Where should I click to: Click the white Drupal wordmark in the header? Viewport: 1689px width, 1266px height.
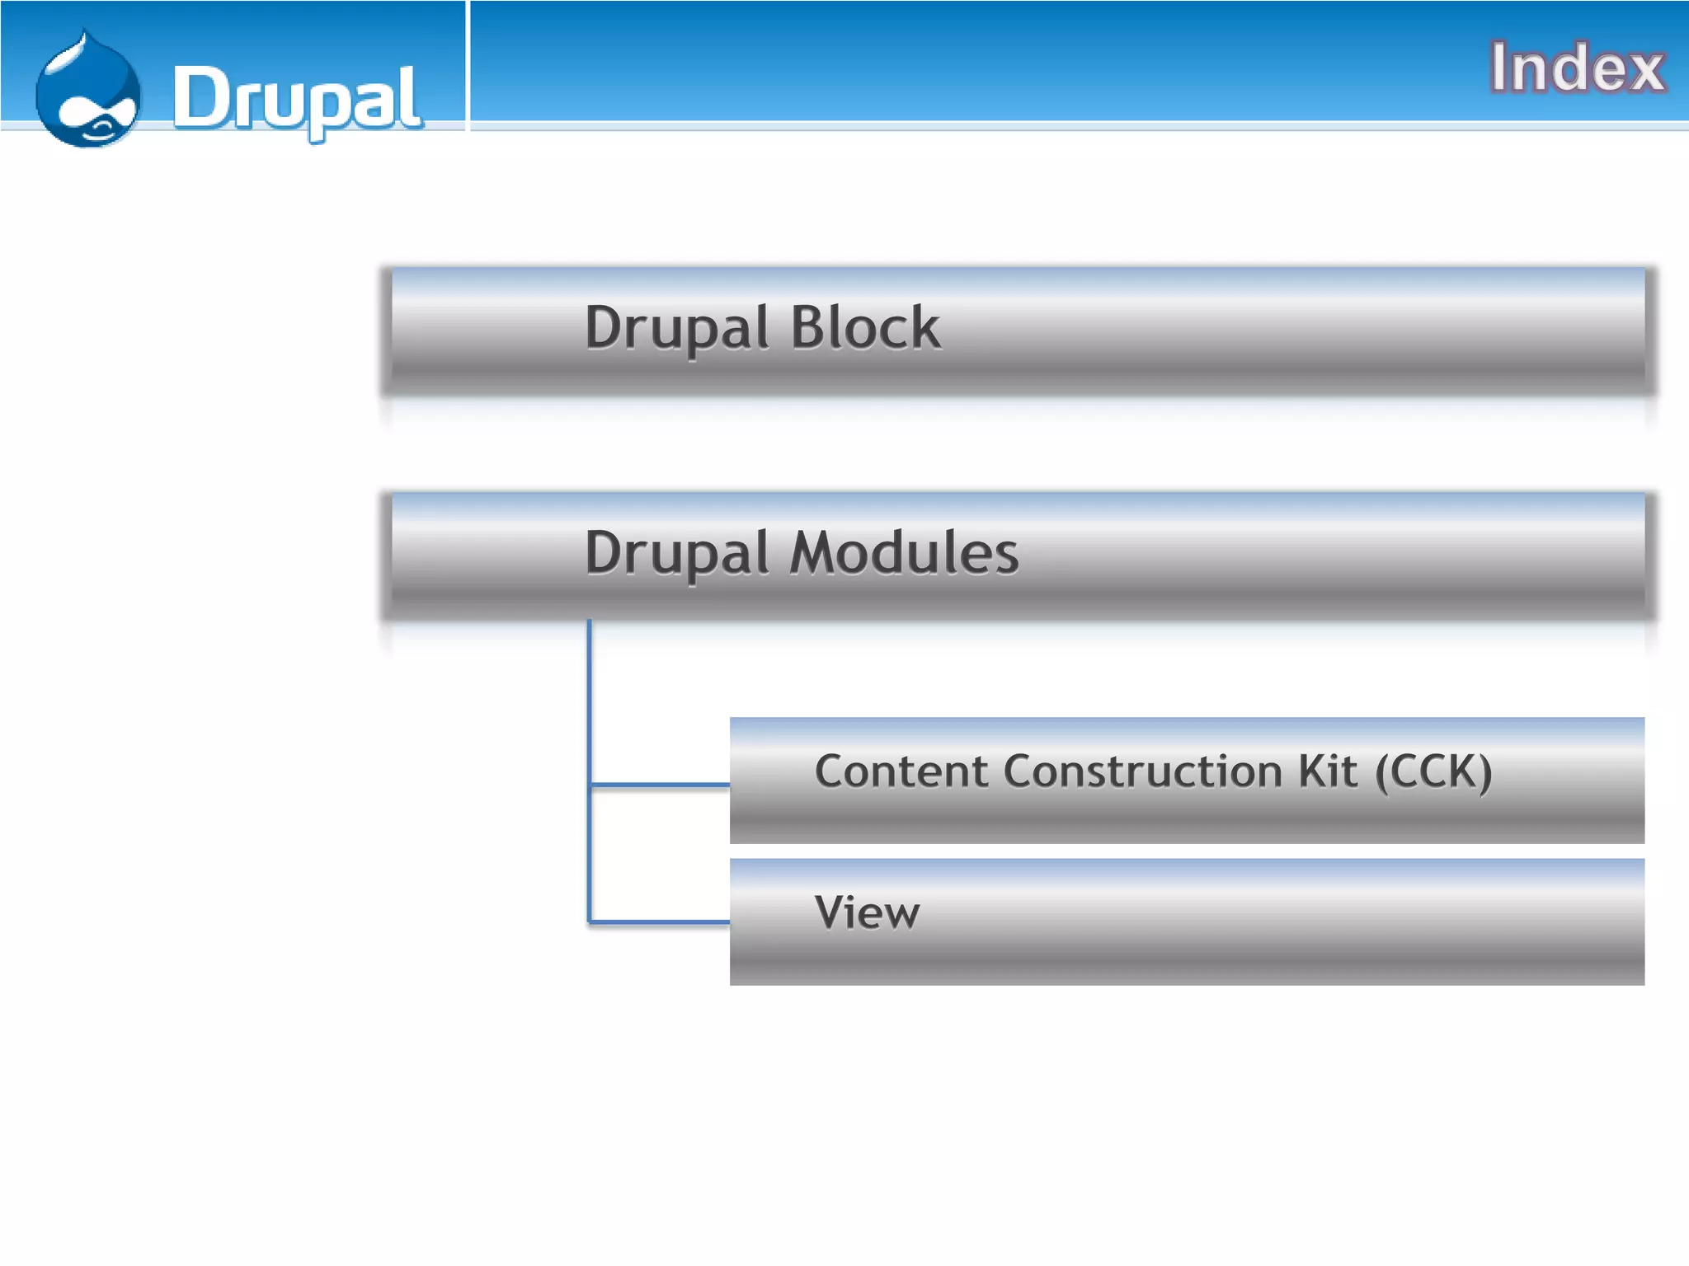pyautogui.click(x=297, y=99)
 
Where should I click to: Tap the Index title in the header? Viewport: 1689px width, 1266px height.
pyautogui.click(x=1576, y=68)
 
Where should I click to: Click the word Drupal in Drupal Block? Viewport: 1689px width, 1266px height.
pyautogui.click(x=676, y=328)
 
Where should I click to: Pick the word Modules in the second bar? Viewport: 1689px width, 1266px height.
pyautogui.click(x=904, y=553)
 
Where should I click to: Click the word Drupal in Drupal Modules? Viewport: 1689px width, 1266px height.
pyautogui.click(x=676, y=553)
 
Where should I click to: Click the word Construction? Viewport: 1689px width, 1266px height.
pyautogui.click(x=1143, y=771)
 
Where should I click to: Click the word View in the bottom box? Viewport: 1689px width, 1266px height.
pyautogui.click(x=867, y=913)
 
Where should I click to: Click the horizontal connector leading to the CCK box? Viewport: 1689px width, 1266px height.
pyautogui.click(x=660, y=785)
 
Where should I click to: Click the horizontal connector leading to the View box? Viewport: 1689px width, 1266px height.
pyautogui.click(x=660, y=921)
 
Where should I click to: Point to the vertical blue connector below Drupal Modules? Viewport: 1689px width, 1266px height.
pyautogui.click(x=590, y=701)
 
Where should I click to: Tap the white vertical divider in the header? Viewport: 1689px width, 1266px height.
pyautogui.click(x=468, y=66)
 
